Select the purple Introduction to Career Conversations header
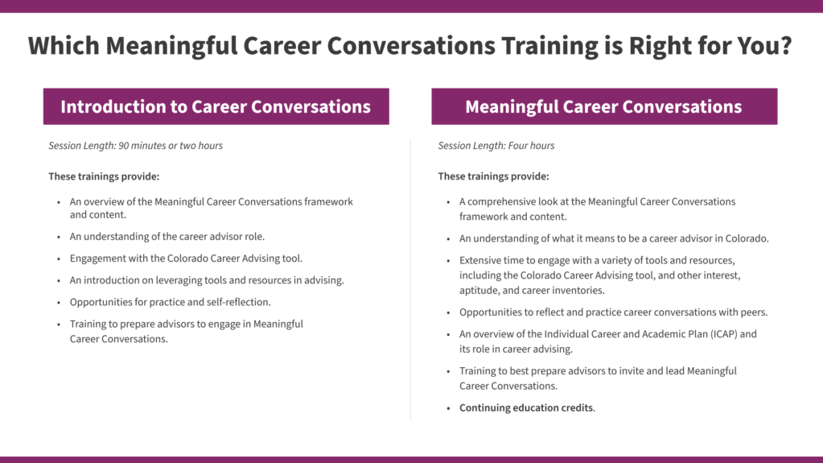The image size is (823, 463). (x=216, y=106)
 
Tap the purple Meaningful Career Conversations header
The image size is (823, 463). (x=604, y=106)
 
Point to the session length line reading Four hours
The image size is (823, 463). (x=496, y=146)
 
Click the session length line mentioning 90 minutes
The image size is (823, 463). (x=135, y=146)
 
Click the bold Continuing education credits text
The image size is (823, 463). (x=526, y=407)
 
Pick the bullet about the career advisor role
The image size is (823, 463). (x=167, y=237)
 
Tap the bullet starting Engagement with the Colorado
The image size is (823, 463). (x=186, y=258)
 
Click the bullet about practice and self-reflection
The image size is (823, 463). (x=170, y=302)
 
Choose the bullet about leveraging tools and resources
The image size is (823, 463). (x=207, y=280)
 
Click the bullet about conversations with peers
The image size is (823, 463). (x=613, y=312)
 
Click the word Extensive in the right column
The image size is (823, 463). (x=479, y=261)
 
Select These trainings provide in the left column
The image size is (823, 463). (x=104, y=176)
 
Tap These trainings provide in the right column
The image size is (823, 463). (x=493, y=176)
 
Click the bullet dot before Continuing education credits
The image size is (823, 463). (x=448, y=408)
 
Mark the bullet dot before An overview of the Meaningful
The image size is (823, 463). (x=59, y=202)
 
